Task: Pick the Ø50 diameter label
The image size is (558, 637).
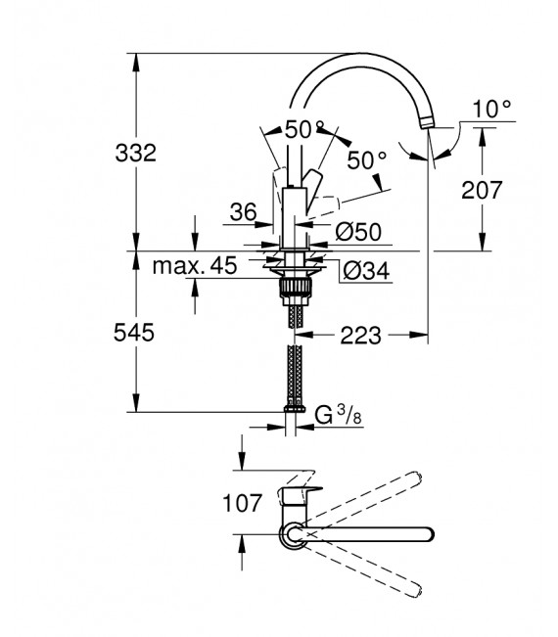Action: [358, 233]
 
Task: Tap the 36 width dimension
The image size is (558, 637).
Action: [243, 210]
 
